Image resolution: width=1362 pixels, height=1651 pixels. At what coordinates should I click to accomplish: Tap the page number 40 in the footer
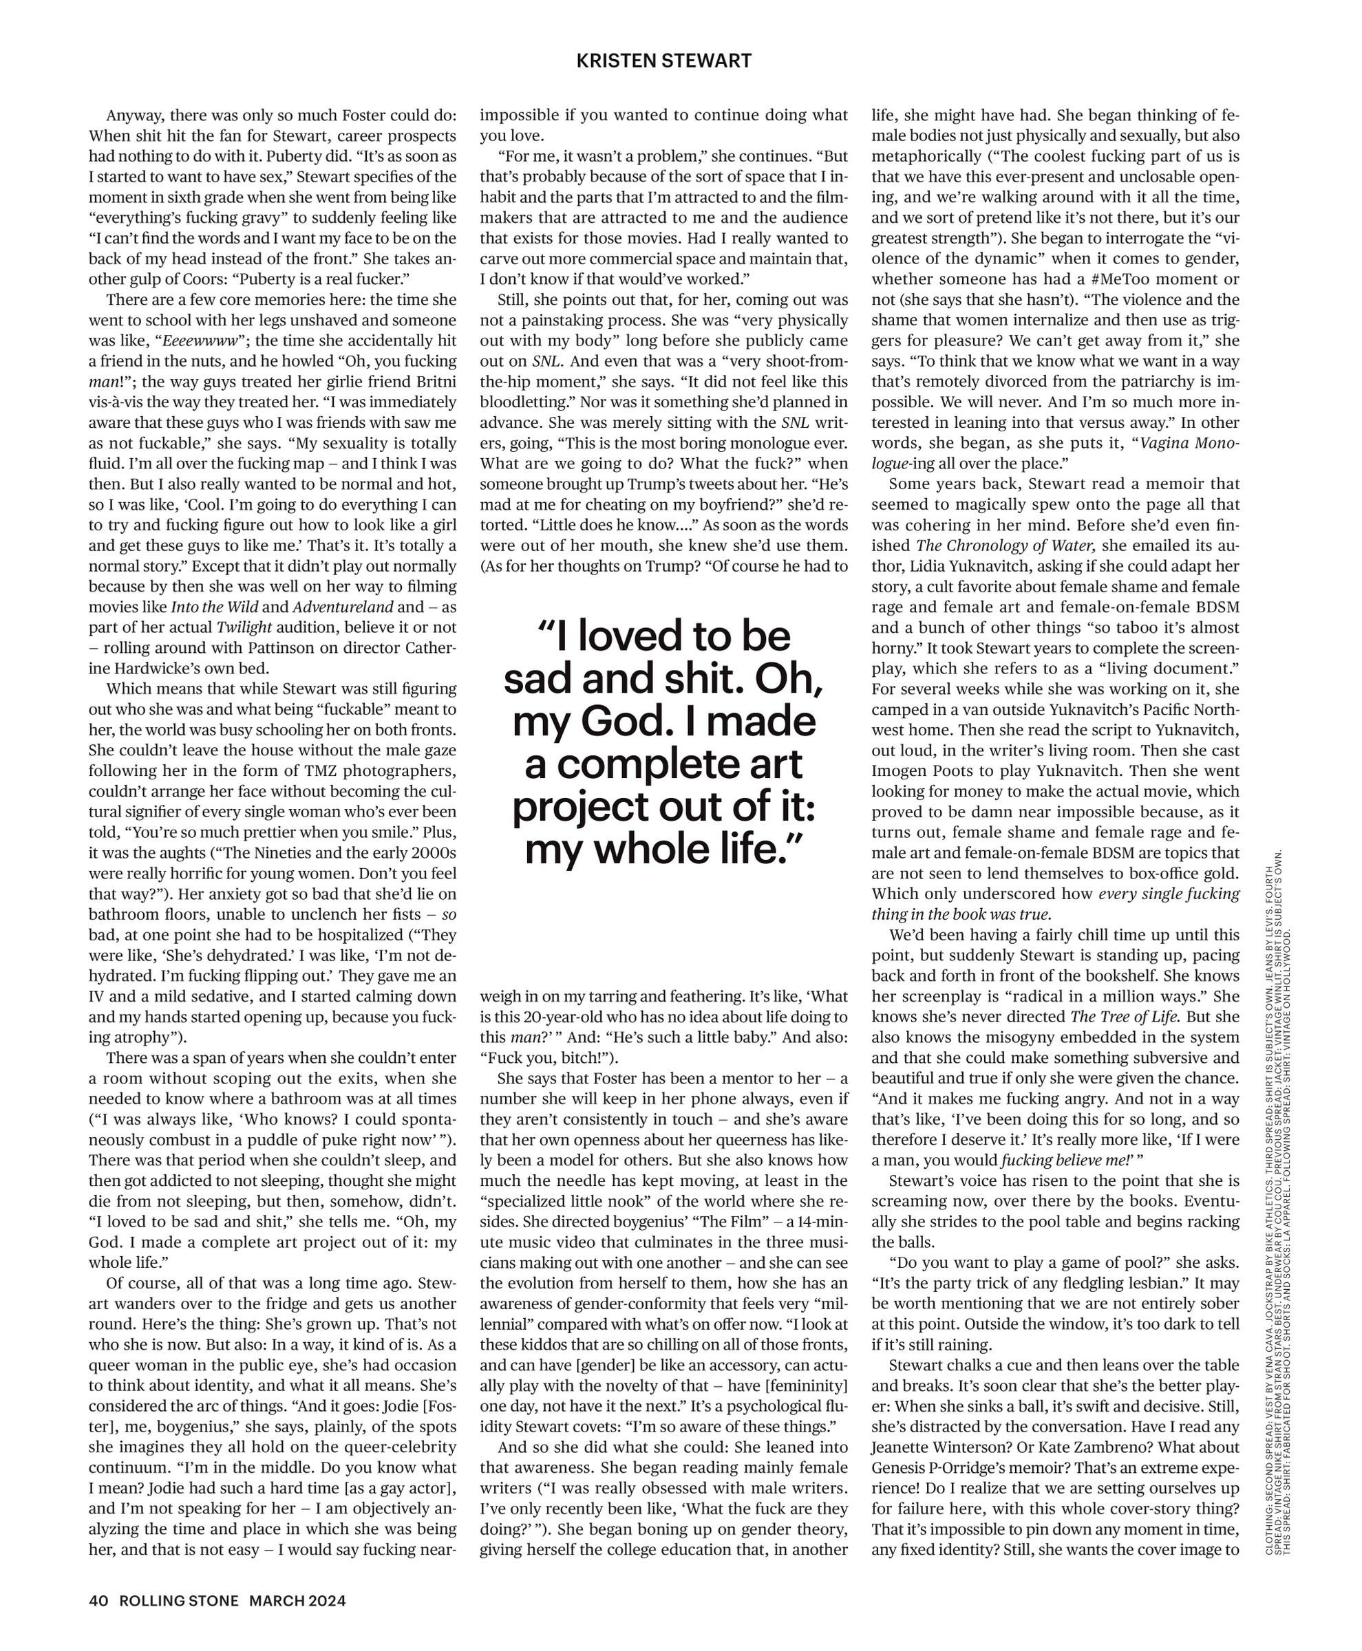(98, 1601)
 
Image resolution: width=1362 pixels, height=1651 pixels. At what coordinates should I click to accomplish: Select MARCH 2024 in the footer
(297, 1601)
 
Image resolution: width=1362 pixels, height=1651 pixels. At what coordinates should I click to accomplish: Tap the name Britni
(431, 382)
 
